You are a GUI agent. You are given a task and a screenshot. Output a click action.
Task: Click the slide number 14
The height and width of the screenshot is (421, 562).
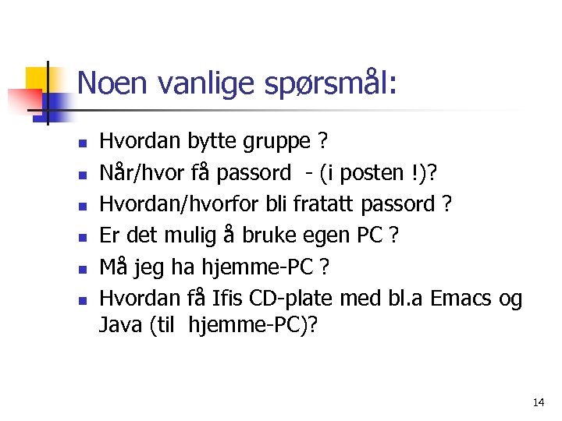538,402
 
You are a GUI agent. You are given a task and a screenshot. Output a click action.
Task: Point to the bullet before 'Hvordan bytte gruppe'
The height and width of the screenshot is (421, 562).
81,143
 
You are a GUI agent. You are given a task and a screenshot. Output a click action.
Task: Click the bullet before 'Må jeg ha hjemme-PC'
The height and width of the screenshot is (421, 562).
81,269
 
